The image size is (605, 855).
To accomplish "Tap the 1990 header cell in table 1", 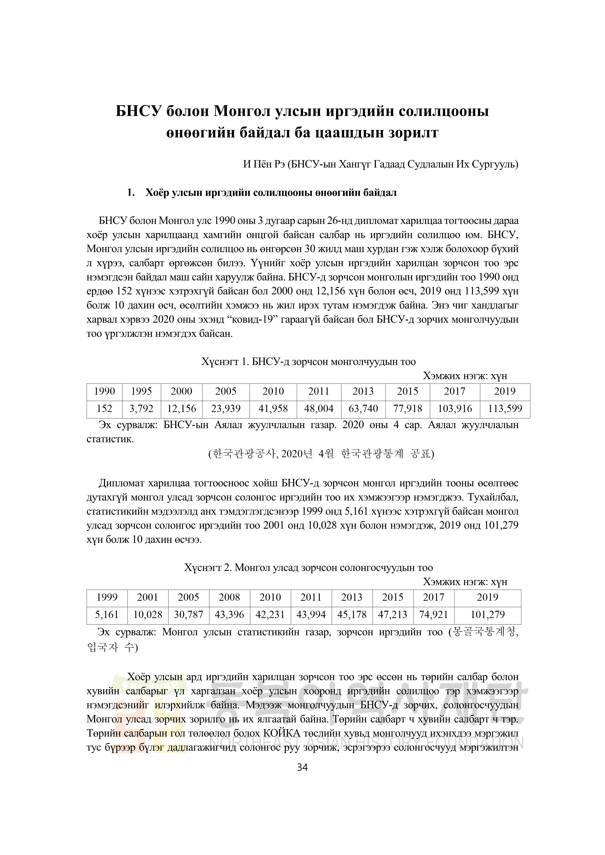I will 104,391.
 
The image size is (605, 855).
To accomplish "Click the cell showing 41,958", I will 273,409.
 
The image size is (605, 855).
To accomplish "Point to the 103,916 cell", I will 455,409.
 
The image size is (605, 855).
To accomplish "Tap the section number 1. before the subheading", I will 131,193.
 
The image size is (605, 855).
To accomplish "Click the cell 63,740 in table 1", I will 363,409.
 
